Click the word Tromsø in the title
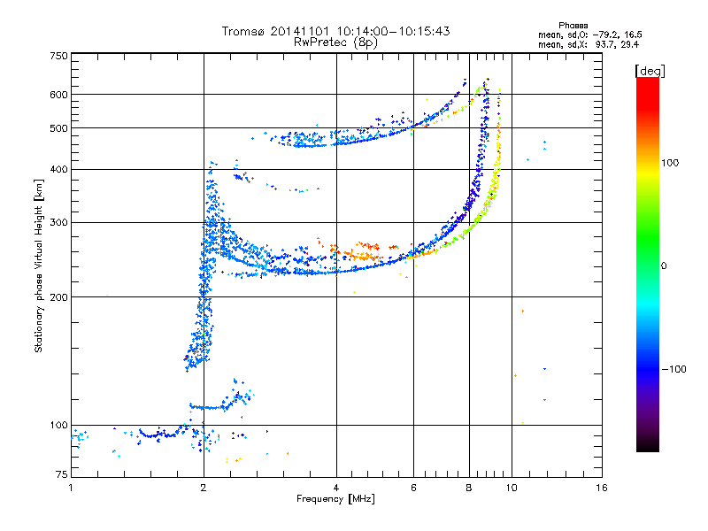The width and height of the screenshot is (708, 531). tap(244, 31)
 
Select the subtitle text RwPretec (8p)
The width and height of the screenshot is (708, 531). tap(335, 42)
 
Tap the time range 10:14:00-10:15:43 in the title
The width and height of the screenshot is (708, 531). tap(393, 31)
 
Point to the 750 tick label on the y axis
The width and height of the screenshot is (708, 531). tap(58, 56)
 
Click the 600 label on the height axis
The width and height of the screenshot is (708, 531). tap(58, 95)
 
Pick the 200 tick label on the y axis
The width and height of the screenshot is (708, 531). tap(58, 297)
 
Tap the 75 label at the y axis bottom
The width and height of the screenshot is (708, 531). tap(62, 474)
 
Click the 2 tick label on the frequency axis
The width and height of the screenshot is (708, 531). tap(204, 488)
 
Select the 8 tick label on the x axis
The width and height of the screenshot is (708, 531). tap(469, 488)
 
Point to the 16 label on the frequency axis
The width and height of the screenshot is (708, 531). tap(602, 488)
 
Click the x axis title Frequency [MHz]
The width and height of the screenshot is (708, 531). tap(335, 499)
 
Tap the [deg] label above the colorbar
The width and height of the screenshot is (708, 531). tap(650, 71)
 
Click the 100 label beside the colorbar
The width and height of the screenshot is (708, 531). tap(670, 163)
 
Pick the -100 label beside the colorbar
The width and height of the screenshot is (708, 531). tap(673, 369)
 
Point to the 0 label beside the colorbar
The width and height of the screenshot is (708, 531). tap(664, 266)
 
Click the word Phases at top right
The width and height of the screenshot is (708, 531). tap(573, 26)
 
